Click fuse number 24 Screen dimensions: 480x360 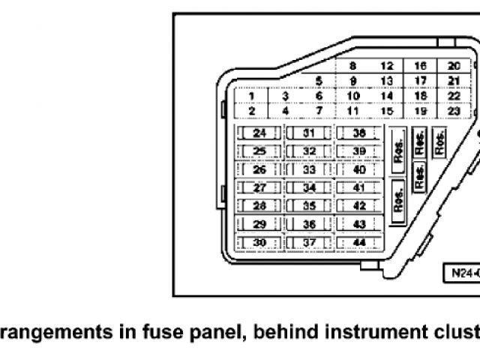(x=259, y=133)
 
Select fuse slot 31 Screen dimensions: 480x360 (x=309, y=133)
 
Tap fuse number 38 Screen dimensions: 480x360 (x=358, y=133)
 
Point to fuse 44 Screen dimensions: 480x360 (x=358, y=242)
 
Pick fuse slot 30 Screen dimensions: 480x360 (x=259, y=242)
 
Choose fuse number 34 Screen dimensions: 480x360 (x=309, y=188)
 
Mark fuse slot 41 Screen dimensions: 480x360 (x=358, y=188)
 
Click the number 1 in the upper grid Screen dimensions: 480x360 (x=252, y=96)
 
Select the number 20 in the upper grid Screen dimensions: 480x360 (x=454, y=66)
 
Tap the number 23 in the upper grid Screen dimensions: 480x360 (x=454, y=111)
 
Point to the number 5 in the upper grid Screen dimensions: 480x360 (x=319, y=81)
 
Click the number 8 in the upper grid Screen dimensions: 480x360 (x=352, y=66)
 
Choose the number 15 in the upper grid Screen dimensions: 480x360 (x=387, y=111)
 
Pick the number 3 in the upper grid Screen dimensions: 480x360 (x=286, y=96)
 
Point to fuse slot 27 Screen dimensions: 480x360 (x=259, y=188)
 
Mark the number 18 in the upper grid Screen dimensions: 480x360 (x=420, y=96)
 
